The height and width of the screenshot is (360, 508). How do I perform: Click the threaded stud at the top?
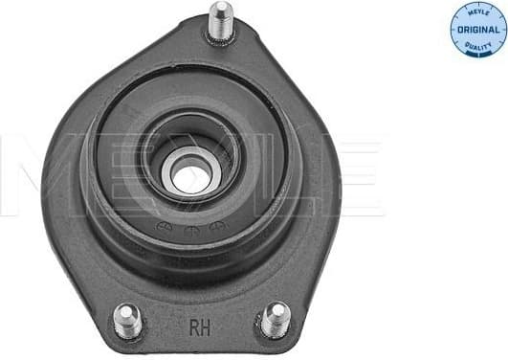pyautogui.click(x=221, y=22)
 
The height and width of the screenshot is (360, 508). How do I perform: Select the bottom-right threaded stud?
pyautogui.click(x=276, y=318)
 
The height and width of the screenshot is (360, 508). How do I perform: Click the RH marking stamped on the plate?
pyautogui.click(x=201, y=325)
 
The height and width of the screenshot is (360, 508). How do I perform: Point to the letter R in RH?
pyautogui.click(x=195, y=325)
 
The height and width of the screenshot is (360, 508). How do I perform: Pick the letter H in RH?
pyautogui.click(x=207, y=325)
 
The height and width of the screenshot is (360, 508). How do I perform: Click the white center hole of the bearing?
pyautogui.click(x=192, y=175)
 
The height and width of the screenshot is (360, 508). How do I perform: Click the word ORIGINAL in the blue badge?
pyautogui.click(x=477, y=29)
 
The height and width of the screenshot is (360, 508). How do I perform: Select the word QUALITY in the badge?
pyautogui.click(x=478, y=43)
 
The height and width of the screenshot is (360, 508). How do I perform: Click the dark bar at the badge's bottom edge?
pyautogui.click(x=478, y=54)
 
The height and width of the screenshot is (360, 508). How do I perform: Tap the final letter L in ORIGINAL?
pyautogui.click(x=498, y=29)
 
